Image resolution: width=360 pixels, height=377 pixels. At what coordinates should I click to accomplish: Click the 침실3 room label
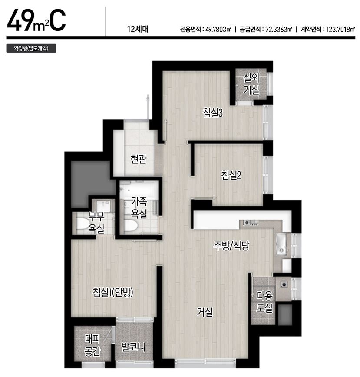212,113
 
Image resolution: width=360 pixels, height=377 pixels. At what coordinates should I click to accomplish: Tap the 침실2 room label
231,175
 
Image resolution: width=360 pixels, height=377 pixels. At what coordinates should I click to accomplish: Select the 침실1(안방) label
113,292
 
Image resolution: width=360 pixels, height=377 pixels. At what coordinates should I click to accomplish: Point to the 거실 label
205,312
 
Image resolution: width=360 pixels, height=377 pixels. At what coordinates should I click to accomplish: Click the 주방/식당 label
231,246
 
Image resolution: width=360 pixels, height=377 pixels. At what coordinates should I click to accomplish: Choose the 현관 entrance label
139,159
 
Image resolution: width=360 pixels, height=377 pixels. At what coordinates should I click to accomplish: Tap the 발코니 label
133,347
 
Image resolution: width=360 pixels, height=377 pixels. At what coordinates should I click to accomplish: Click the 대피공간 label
92,345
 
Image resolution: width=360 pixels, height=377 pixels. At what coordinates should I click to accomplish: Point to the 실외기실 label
251,83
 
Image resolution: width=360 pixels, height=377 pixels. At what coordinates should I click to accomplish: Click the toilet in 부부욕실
82,224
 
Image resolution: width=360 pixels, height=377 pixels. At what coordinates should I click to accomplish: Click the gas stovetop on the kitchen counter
251,223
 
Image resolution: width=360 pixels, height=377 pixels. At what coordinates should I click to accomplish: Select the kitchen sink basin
281,244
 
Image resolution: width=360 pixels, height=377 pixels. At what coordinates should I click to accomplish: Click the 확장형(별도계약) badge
31,48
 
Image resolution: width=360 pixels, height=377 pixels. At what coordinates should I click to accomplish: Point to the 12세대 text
138,29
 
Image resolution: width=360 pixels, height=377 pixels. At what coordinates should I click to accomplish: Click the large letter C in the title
58,20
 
